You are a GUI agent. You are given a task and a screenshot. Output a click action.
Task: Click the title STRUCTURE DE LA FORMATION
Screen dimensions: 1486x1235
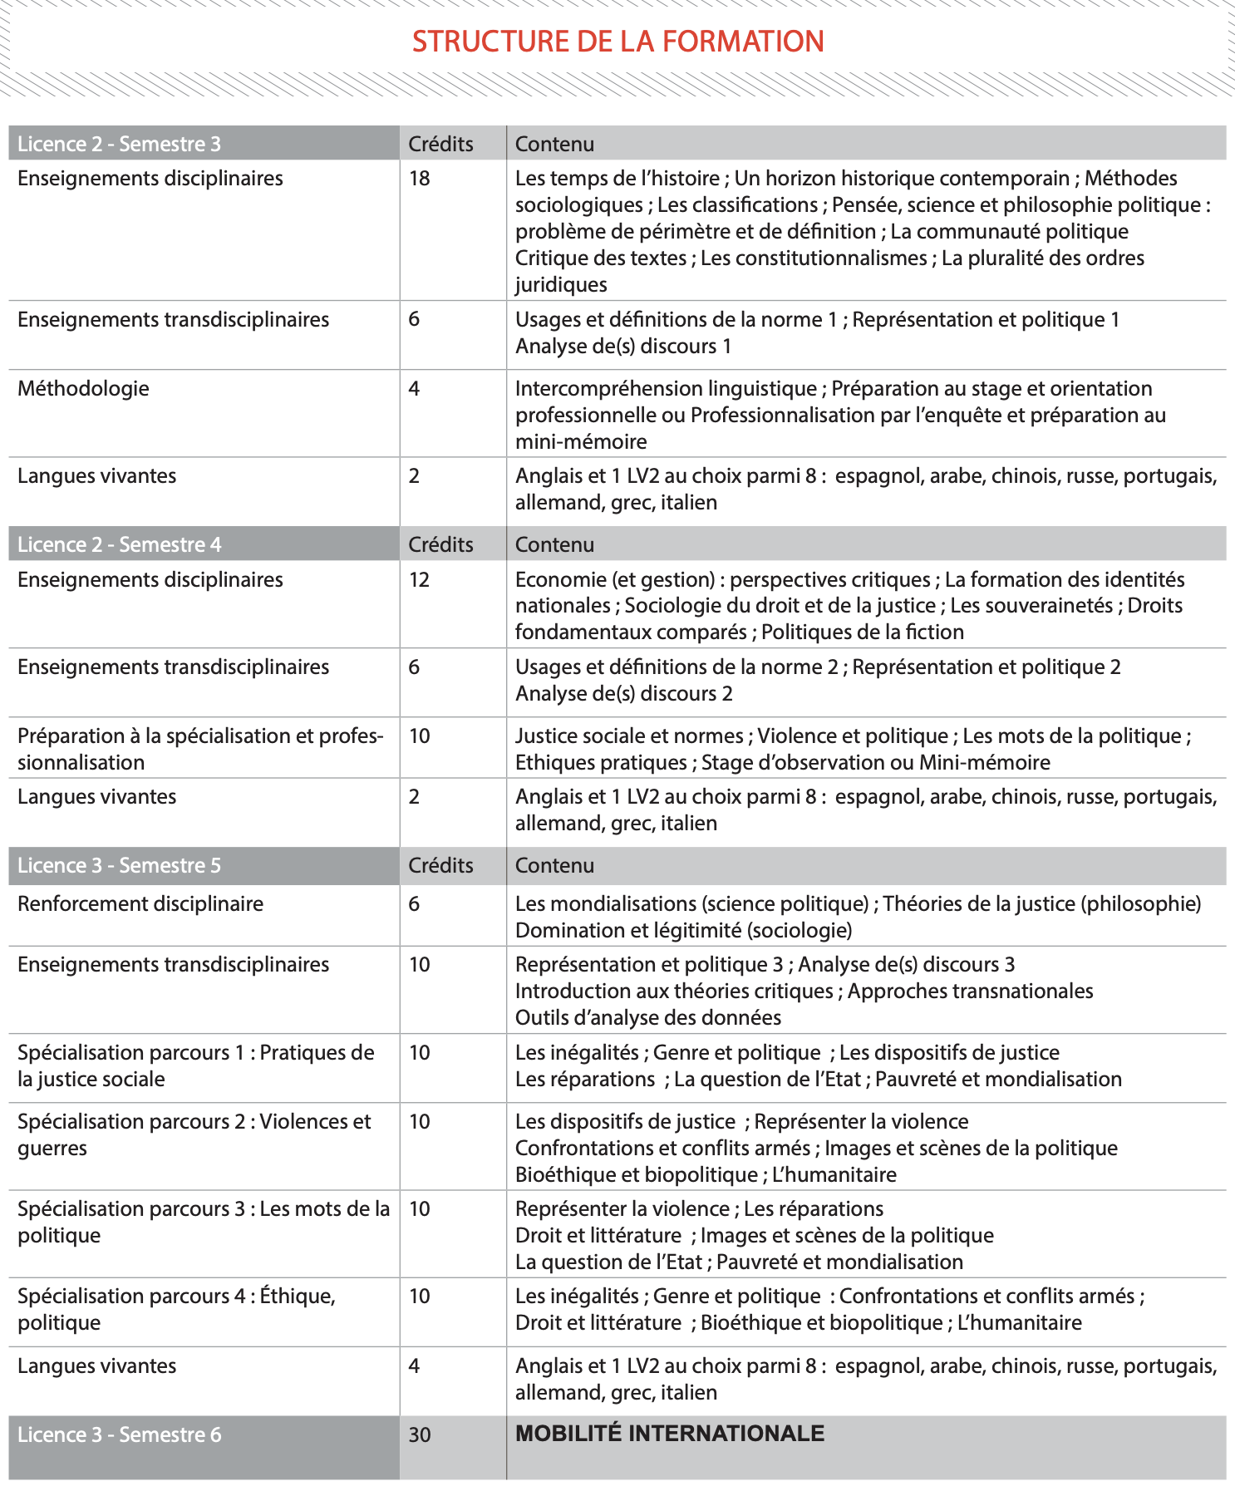coord(617,42)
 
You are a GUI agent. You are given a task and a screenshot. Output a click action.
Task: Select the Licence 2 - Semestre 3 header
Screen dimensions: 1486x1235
coord(119,144)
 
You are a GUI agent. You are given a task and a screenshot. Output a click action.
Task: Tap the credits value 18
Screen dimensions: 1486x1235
coord(419,179)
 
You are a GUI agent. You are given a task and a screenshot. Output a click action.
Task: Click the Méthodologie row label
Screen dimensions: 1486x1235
coord(83,389)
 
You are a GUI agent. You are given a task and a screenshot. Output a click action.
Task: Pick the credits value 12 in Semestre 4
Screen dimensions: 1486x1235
coord(419,580)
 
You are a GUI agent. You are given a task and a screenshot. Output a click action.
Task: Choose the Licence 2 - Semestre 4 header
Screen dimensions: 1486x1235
coord(119,545)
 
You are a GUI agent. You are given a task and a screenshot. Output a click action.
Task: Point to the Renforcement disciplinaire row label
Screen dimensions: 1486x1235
coord(140,904)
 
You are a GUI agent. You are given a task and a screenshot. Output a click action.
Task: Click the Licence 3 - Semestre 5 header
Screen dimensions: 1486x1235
coord(119,866)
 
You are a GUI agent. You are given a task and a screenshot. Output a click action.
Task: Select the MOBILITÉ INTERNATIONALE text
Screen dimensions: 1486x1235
coord(670,1434)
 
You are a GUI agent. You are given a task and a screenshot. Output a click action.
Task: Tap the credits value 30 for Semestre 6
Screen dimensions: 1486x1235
coord(420,1435)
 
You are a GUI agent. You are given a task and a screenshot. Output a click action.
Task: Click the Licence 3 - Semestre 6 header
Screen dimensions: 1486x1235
coord(119,1435)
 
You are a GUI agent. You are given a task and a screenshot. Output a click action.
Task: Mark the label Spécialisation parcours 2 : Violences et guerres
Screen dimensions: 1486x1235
coord(194,1135)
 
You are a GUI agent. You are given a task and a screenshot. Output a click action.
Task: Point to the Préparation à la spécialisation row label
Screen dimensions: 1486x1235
coord(199,750)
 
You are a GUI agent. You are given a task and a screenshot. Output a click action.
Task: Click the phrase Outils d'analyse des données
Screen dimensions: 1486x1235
coord(648,1018)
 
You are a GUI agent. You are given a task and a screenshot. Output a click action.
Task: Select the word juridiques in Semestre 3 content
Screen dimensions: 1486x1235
coord(561,285)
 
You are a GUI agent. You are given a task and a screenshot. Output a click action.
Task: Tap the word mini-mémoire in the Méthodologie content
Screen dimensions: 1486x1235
coord(581,442)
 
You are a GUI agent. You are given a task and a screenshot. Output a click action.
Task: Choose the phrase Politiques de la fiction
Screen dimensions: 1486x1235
coord(863,632)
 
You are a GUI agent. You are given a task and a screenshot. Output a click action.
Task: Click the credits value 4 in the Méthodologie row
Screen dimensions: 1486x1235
coord(414,389)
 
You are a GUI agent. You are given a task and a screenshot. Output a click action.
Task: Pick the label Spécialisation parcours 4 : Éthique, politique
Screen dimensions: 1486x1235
coord(176,1310)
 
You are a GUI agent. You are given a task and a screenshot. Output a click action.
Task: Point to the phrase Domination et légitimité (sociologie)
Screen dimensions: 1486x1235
coord(684,931)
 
